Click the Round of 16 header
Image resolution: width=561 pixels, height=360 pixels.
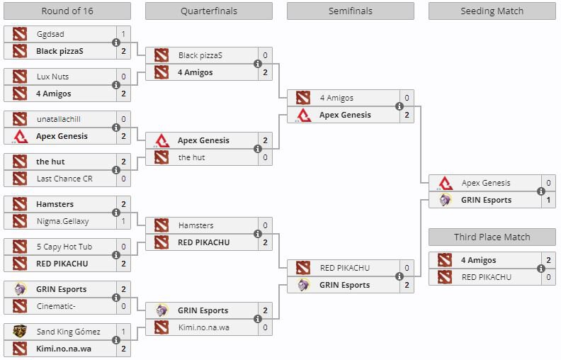click(67, 11)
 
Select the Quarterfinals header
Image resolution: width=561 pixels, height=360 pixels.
click(208, 11)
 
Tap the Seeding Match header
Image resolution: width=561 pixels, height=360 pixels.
click(492, 11)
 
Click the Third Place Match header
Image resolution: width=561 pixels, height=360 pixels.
click(492, 237)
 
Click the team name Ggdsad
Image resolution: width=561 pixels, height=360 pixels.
click(50, 34)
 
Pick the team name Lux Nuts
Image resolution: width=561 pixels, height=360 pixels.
click(52, 77)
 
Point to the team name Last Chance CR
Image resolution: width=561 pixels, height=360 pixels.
click(64, 179)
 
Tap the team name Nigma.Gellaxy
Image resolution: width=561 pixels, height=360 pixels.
click(63, 221)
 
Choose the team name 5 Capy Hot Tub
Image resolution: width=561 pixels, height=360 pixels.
click(64, 247)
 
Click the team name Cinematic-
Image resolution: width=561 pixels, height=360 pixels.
click(55, 306)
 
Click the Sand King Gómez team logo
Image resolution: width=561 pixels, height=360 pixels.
click(20, 332)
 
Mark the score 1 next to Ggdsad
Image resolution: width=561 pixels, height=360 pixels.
click(123, 34)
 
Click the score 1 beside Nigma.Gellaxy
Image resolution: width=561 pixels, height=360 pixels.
click(123, 221)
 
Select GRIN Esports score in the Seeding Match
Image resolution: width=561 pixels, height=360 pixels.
click(548, 200)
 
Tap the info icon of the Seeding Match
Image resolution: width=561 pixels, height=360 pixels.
click(541, 191)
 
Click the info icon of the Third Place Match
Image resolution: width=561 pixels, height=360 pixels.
click(541, 269)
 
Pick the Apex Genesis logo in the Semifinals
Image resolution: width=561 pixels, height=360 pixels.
click(303, 115)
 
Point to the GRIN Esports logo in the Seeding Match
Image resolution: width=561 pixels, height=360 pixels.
click(445, 200)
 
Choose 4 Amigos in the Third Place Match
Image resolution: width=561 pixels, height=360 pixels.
click(478, 261)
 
